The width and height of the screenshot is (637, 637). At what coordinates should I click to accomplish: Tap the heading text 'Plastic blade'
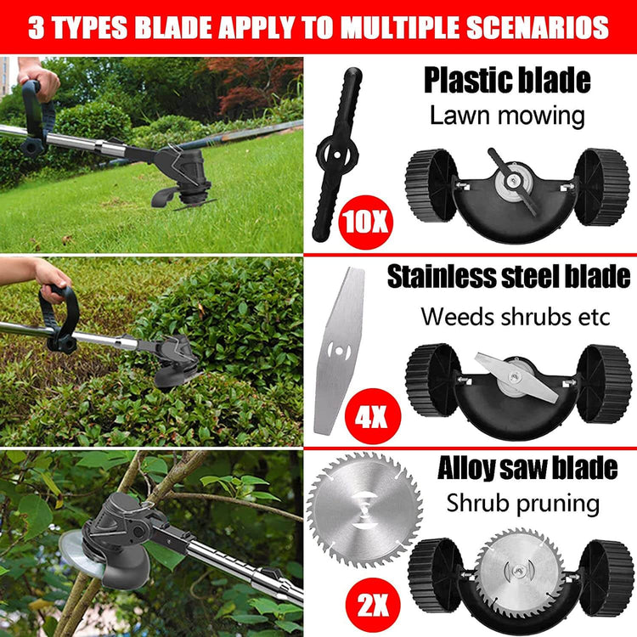click(x=507, y=81)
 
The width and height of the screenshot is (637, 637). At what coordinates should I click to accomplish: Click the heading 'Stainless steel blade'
click(x=508, y=276)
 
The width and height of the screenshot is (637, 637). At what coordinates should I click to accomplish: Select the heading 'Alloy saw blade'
click(x=527, y=468)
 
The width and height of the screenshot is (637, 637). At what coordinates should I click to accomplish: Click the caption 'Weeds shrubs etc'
click(x=515, y=316)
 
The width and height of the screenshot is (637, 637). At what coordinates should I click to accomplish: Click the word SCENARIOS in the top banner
click(x=534, y=27)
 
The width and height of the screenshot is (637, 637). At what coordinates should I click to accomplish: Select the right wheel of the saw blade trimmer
click(x=606, y=578)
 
